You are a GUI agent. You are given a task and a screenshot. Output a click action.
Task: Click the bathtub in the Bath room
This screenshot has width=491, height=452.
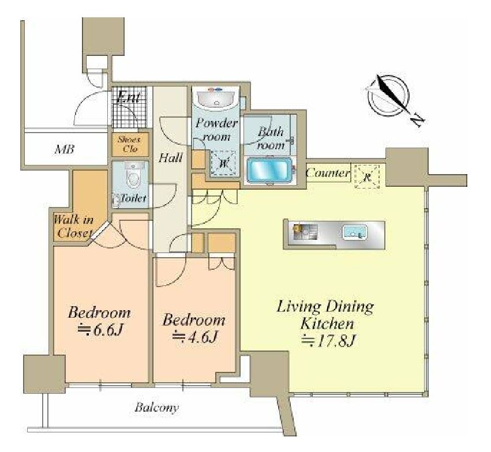[269, 170]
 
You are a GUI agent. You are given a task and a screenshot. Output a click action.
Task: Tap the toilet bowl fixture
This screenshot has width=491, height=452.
[133, 175]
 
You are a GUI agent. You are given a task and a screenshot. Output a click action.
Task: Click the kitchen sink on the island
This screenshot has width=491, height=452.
[354, 232]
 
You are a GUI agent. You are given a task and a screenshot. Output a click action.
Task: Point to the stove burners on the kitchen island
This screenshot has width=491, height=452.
[305, 232]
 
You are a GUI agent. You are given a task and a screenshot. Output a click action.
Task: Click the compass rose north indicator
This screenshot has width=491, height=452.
[388, 94]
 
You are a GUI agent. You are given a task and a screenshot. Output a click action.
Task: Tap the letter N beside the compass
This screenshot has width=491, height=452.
[417, 119]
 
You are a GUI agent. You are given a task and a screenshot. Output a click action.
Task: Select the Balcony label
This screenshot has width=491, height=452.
[156, 408]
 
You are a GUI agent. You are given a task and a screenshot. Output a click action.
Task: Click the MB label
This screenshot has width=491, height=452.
[65, 150]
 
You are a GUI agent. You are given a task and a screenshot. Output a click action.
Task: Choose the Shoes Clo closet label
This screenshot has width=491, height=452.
[130, 144]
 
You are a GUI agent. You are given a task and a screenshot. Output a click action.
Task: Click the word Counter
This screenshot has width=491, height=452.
[328, 173]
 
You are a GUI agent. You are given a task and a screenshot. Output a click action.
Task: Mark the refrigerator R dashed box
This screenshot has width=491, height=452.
[367, 176]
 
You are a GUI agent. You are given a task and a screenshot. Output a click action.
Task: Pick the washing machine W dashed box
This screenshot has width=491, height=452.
[223, 163]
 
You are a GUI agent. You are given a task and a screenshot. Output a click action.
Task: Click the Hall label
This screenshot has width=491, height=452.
[170, 158]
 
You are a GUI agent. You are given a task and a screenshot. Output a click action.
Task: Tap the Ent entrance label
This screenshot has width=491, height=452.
[128, 97]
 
